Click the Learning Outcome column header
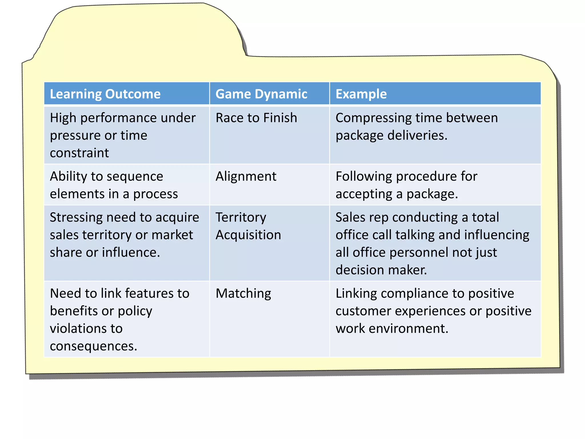[x=105, y=94]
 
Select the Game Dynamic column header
[x=261, y=94]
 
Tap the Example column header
[x=361, y=94]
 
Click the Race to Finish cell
[x=256, y=118]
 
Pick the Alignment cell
[x=246, y=176]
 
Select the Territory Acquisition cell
[x=248, y=226]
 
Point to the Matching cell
[x=243, y=294]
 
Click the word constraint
[x=79, y=153]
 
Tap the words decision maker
[x=381, y=270]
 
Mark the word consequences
[x=93, y=346]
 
